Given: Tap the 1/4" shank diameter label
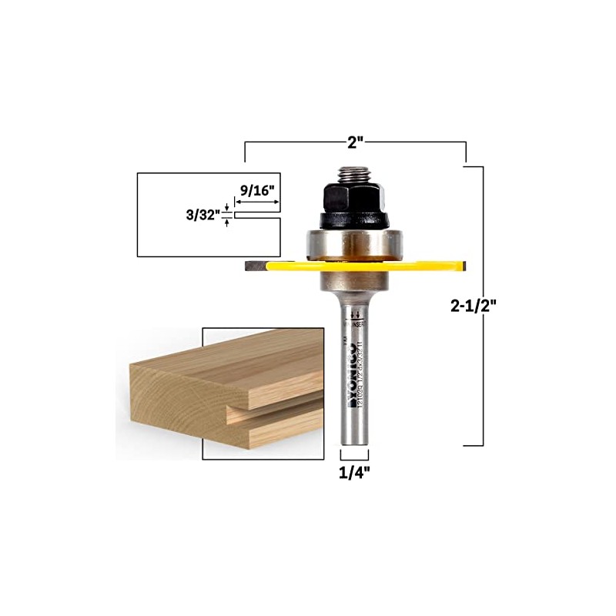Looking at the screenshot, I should tap(355, 474).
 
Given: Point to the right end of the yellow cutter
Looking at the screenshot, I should tap(460, 266).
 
